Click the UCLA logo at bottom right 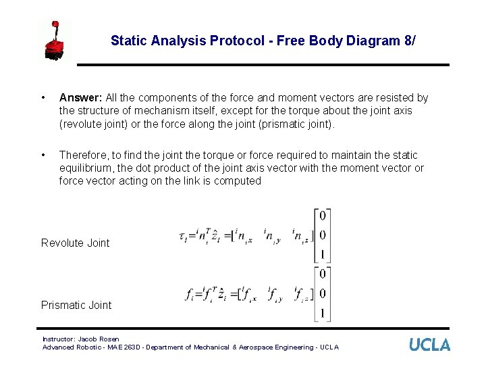point(429,345)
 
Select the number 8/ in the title point(409,41)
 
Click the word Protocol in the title point(237,41)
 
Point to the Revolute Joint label point(75,243)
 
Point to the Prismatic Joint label point(76,305)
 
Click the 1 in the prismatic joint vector point(323,313)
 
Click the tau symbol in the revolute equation point(183,237)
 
